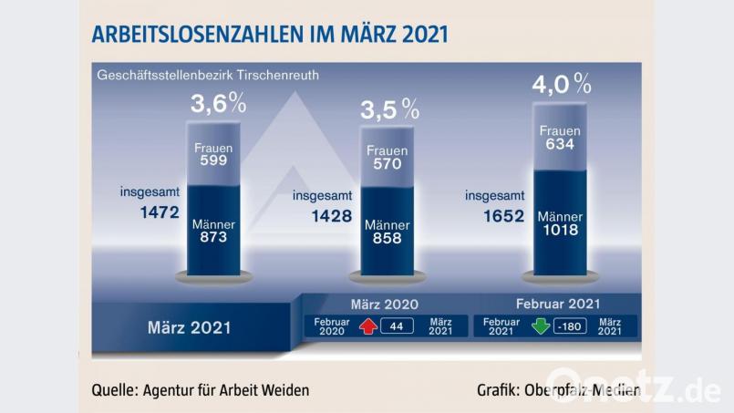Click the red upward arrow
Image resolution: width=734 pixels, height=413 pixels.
[x=367, y=325]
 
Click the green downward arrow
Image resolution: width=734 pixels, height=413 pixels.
[x=541, y=325]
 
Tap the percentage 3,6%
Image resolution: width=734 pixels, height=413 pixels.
[x=218, y=103]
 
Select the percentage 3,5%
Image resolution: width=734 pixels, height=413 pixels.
[x=389, y=110]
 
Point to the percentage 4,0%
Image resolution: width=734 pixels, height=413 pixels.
[x=561, y=86]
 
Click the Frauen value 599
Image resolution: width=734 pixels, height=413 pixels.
[x=214, y=160]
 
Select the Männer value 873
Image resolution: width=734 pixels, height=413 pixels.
[x=214, y=236]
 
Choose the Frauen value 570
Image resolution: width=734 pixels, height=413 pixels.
[x=387, y=165]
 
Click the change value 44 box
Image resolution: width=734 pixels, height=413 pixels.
[x=398, y=325]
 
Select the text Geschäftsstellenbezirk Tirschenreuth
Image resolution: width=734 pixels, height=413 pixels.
[x=208, y=75]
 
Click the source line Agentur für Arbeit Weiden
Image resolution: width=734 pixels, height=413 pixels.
[x=201, y=389]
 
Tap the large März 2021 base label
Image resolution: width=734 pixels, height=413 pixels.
[x=189, y=326]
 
